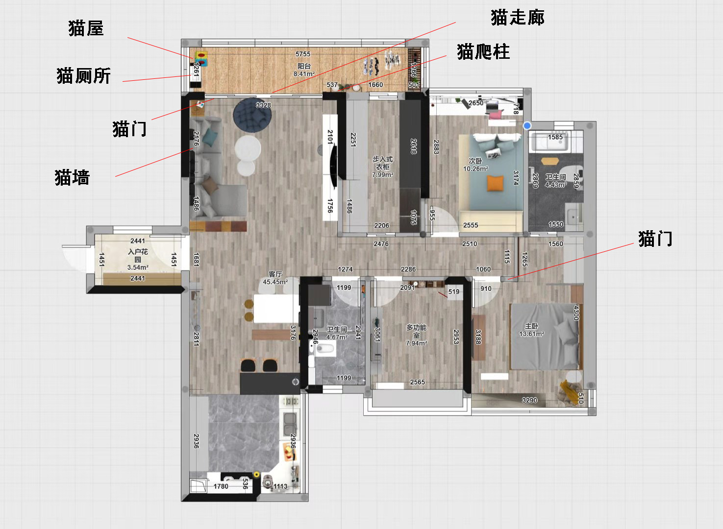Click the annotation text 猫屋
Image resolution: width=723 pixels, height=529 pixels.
coord(86,28)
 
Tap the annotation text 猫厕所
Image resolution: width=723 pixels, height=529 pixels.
coord(83,76)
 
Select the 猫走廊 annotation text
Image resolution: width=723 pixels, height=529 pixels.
coord(517,18)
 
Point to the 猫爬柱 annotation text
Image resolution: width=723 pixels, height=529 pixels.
coord(483,51)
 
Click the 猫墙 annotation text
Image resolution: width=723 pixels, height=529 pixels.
coord(72,177)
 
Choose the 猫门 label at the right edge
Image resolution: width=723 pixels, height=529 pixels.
coord(655,239)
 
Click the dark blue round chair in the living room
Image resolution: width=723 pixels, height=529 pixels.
coord(252,115)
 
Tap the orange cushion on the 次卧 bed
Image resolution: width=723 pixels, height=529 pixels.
coord(495,183)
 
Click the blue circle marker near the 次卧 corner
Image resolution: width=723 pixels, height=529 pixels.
coord(527,126)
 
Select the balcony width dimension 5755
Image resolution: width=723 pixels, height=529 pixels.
coord(303,54)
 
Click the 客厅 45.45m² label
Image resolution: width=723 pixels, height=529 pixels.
coord(275,278)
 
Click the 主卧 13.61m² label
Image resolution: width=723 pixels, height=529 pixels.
coord(531,330)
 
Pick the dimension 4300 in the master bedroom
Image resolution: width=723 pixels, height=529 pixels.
coord(576,313)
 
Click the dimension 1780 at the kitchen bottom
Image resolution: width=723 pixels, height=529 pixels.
coord(221,486)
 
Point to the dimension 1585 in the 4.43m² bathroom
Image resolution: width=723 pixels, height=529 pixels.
coord(555,137)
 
